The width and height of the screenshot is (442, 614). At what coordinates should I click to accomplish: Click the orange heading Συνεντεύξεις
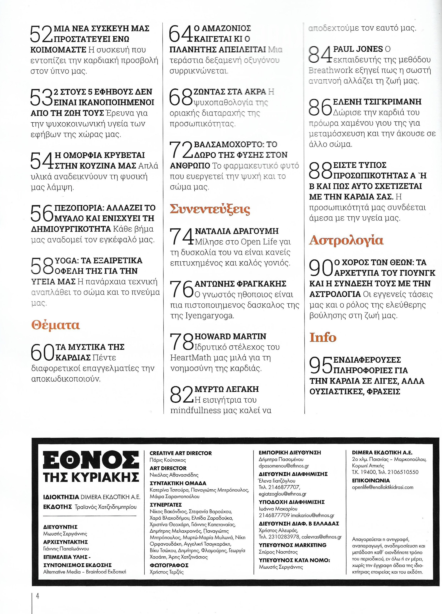point(210,209)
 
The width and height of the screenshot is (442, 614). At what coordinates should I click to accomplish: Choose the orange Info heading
point(323,337)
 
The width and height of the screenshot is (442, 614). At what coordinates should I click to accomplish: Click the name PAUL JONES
point(358,49)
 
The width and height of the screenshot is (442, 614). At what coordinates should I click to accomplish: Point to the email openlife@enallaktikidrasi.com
point(383,487)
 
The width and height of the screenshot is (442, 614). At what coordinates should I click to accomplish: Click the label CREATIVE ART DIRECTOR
point(181,453)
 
